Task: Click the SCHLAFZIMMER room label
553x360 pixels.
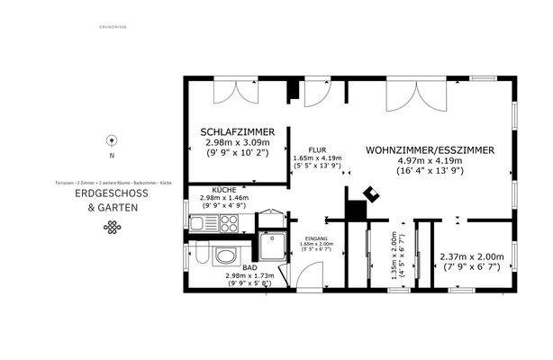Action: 237,132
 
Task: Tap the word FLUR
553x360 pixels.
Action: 316,149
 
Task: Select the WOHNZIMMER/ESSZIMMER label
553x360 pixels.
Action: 430,150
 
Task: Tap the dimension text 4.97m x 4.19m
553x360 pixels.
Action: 430,161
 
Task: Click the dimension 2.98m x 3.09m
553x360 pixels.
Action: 237,143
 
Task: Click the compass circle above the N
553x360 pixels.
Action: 111,139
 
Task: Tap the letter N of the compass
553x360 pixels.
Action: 111,156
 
